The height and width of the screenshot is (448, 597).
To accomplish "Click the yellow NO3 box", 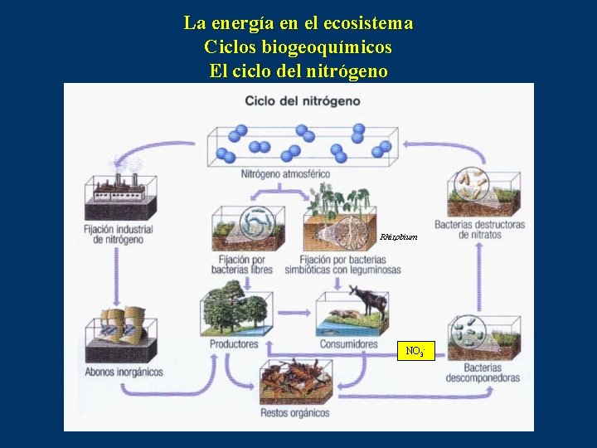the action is (x=415, y=351).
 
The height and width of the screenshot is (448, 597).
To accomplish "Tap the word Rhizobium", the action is (x=399, y=237).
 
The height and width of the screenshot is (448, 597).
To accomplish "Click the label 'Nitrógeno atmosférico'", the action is (x=285, y=174).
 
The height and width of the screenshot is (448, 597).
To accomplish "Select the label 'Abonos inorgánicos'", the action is (x=124, y=372).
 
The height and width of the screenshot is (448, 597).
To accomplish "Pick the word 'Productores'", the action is (x=234, y=343).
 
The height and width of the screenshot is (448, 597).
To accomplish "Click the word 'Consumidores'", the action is (x=348, y=343).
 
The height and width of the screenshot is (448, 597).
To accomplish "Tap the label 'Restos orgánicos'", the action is (x=294, y=412).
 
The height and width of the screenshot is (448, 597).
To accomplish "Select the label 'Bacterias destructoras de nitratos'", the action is (x=479, y=230).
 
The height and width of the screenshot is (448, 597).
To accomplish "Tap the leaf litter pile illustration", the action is (x=295, y=382).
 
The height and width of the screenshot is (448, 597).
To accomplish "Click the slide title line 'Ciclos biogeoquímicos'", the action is (x=298, y=47).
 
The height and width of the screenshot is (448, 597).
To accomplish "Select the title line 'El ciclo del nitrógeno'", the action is (x=298, y=71).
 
